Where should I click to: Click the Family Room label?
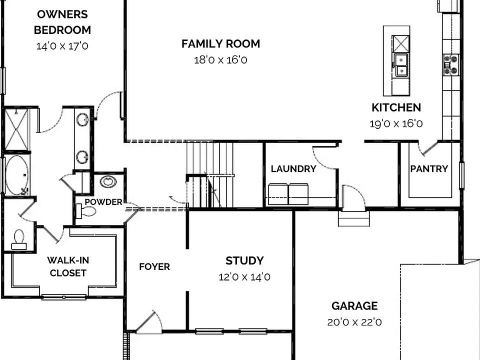coord(220,43)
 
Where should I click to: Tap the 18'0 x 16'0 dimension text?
coord(220,60)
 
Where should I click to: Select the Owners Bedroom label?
coord(62,22)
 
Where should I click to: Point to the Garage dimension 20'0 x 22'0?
coord(354,322)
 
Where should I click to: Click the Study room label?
coord(244,260)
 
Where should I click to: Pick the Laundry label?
coord(293,169)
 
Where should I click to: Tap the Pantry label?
coord(429,169)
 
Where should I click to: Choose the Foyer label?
coord(154,266)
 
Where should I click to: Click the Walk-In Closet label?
coord(68,266)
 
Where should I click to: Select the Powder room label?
coord(103,202)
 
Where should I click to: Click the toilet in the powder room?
coord(86,211)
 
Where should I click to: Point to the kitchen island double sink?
coord(401,65)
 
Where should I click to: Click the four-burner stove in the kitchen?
coord(450,64)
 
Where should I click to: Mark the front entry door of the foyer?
coord(149,322)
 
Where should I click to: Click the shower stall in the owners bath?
coord(16,129)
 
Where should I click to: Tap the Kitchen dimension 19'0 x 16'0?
coord(396,123)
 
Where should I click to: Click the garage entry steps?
coord(353,218)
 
